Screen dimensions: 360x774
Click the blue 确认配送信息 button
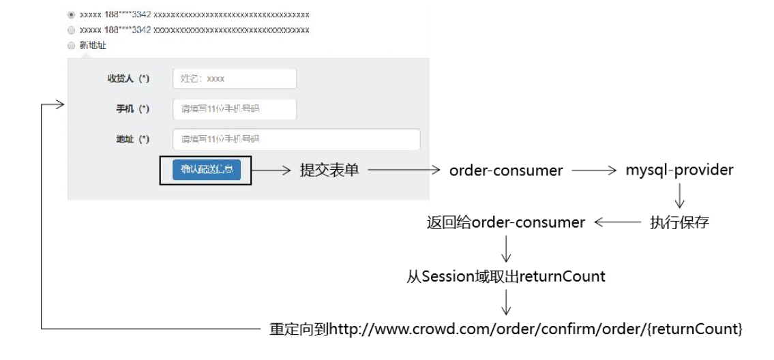pyautogui.click(x=206, y=170)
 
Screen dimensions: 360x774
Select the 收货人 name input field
pyautogui.click(x=235, y=78)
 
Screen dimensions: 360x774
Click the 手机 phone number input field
pyautogui.click(x=235, y=109)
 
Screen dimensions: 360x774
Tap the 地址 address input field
pyautogui.click(x=296, y=139)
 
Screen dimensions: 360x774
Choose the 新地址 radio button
pyautogui.click(x=72, y=46)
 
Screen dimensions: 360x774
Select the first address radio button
pyautogui.click(x=72, y=14)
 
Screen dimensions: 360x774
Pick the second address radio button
pyautogui.click(x=72, y=30)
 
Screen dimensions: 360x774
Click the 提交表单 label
pyautogui.click(x=329, y=170)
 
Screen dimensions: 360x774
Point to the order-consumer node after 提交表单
pyautogui.click(x=506, y=170)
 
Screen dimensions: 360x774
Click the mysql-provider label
pyautogui.click(x=679, y=170)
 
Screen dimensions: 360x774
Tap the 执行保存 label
pyautogui.click(x=679, y=222)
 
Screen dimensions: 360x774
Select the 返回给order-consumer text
pyautogui.click(x=506, y=222)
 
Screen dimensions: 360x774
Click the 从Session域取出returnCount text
pyautogui.click(x=506, y=276)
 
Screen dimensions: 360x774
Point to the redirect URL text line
pyautogui.click(x=506, y=329)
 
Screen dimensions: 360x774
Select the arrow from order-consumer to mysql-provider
pyautogui.click(x=594, y=170)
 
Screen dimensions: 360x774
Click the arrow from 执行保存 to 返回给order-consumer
pyautogui.click(x=618, y=222)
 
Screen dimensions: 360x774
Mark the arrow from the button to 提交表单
pyautogui.click(x=271, y=170)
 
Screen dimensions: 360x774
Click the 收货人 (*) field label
pyautogui.click(x=128, y=78)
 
